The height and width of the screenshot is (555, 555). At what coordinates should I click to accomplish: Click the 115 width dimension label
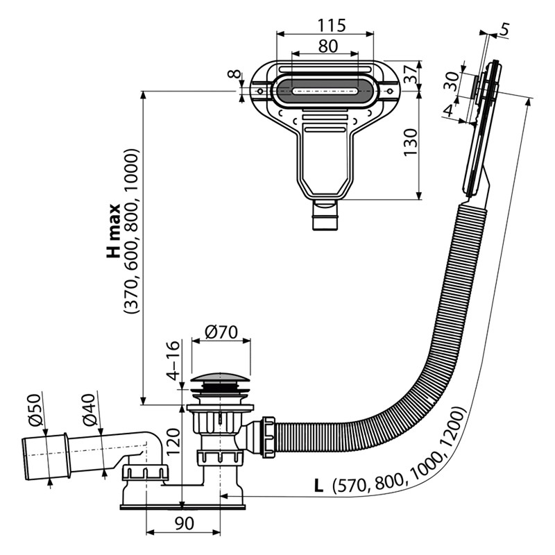331,25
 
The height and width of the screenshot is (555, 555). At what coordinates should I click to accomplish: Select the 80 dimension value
327,46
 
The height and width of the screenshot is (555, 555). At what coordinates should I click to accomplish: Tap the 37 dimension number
411,74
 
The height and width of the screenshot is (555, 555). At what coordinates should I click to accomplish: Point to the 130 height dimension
410,142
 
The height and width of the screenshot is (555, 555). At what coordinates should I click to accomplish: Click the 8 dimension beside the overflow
235,75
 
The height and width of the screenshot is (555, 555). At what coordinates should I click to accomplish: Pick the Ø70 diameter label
221,332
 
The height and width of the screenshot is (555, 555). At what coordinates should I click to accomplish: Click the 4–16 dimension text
173,360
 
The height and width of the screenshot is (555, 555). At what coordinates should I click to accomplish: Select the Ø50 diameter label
35,409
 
